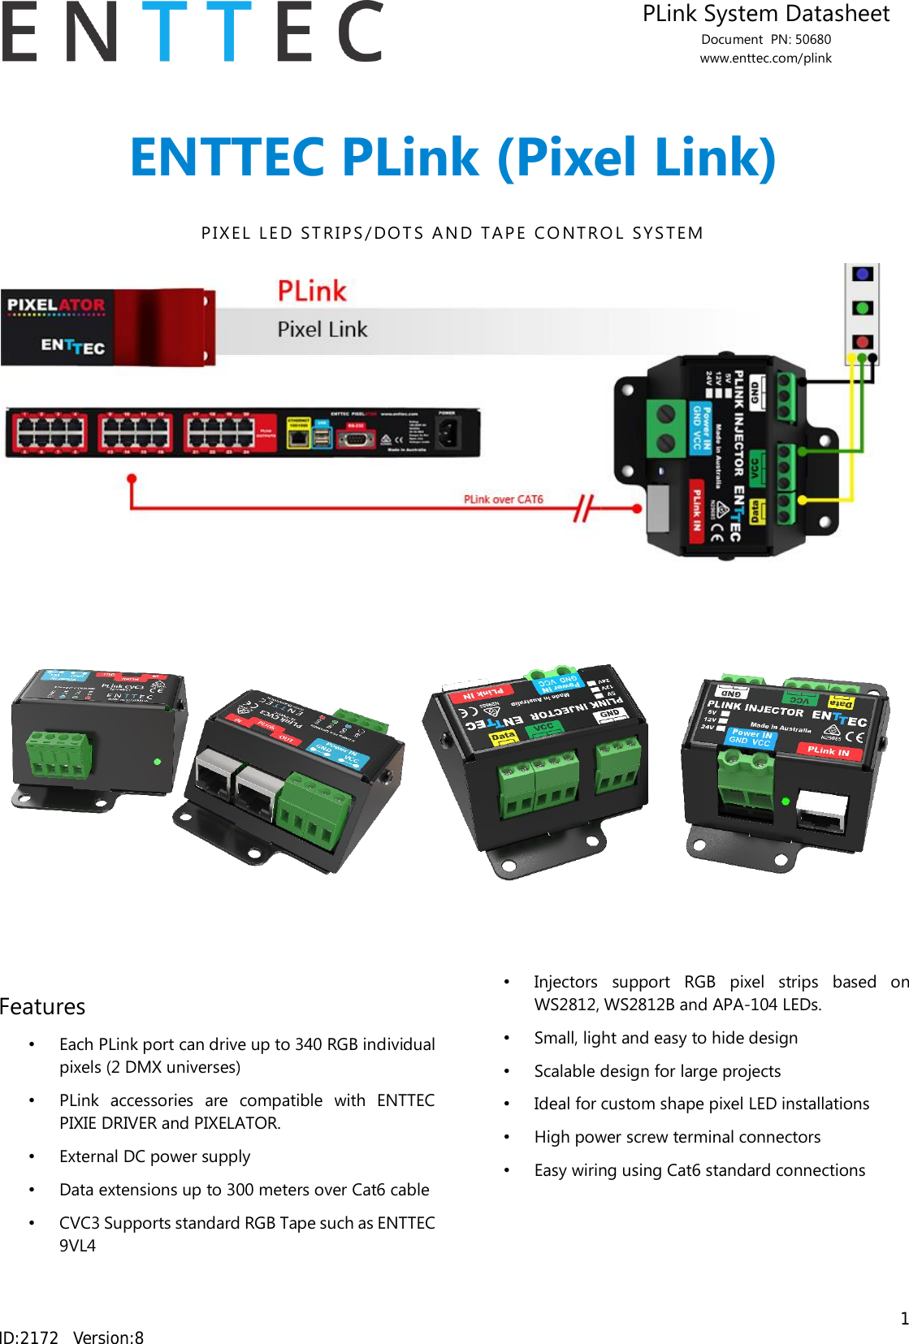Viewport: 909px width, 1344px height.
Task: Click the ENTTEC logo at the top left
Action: (x=192, y=32)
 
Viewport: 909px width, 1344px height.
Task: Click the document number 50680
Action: (x=812, y=39)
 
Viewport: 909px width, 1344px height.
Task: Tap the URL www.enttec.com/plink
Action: (x=765, y=58)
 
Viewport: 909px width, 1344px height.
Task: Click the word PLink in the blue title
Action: (x=409, y=157)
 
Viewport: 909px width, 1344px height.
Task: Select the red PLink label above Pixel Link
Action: (x=312, y=291)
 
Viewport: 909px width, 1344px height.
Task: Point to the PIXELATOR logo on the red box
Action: (x=56, y=305)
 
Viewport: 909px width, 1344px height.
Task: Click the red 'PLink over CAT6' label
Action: (x=503, y=499)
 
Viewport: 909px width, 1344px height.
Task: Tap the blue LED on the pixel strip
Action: (x=863, y=274)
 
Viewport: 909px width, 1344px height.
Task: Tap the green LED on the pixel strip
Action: (x=863, y=308)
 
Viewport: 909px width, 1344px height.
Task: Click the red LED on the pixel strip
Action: (x=863, y=342)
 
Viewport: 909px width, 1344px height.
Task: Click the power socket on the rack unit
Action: (x=448, y=434)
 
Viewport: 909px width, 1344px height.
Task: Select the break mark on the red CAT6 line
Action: (x=583, y=508)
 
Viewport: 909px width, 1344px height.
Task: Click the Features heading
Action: (x=42, y=1007)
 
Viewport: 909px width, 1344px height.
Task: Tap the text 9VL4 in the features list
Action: (x=77, y=1246)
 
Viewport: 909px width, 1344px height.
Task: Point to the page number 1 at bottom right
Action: (x=903, y=1318)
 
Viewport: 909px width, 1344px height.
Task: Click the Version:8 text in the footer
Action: (x=108, y=1337)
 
